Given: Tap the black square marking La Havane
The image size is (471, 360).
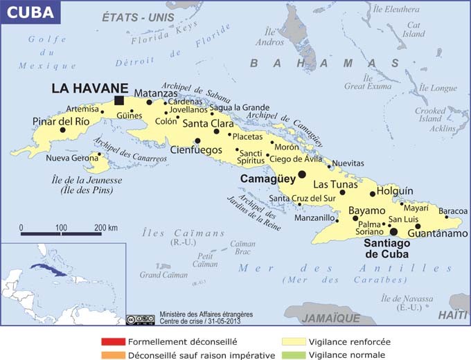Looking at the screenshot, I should point(119,100).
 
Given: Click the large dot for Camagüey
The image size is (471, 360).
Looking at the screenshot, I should point(302,174).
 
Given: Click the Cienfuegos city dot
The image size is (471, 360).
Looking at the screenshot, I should point(197,141).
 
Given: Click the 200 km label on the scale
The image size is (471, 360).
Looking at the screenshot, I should point(105,227).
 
